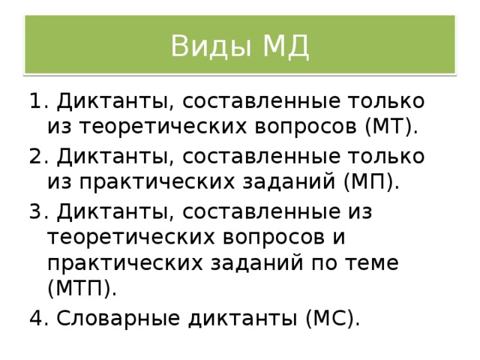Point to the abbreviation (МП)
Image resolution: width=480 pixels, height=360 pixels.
point(371,181)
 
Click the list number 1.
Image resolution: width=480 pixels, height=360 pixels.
point(37,100)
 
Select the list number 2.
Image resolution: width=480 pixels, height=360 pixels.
point(37,156)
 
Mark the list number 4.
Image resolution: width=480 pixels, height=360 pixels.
point(37,318)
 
